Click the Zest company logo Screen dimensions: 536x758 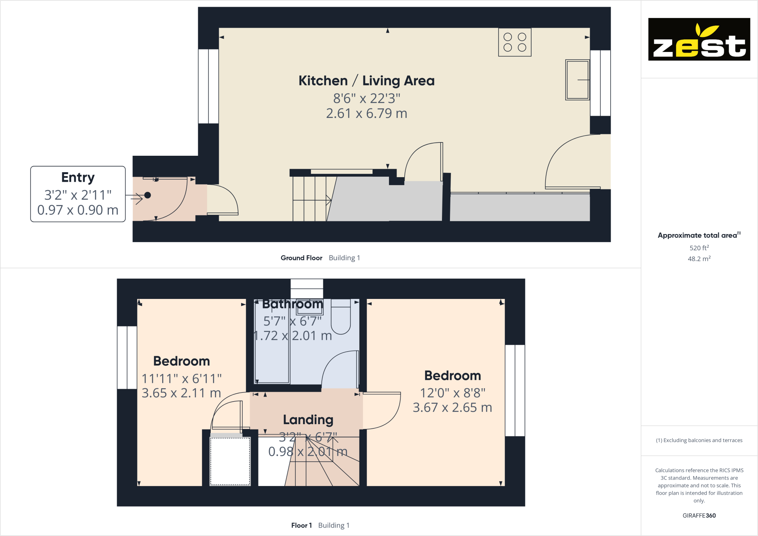699,39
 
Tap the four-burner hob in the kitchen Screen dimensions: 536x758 514,42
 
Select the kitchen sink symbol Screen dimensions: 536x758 577,80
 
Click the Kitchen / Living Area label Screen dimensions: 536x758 366,81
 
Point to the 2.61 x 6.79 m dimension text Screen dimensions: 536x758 366,113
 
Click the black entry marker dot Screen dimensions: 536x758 148,195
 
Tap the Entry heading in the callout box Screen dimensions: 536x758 78,178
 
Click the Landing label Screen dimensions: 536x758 308,420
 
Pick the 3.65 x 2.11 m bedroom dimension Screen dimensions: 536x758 181,393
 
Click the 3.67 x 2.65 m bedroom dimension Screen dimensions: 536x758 452,407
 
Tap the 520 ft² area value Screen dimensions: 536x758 699,248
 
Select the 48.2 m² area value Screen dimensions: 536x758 699,259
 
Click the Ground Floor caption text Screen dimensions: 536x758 301,258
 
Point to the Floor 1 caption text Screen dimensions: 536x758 301,525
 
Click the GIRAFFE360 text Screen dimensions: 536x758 699,515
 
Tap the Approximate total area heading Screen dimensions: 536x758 697,236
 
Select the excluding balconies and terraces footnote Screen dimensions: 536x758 699,440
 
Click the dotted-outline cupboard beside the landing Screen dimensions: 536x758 230,461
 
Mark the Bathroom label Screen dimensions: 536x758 292,304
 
